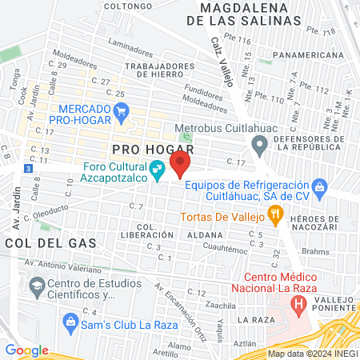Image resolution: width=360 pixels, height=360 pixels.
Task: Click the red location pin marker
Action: [181, 165]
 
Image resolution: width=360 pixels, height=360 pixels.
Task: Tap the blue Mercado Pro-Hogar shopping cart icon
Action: [122, 113]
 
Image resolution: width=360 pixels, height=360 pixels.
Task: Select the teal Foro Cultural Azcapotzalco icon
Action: [158, 169]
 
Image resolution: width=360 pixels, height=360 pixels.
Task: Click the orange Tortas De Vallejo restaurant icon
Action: [276, 213]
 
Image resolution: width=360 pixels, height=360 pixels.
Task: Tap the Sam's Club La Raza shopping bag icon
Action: [71, 322]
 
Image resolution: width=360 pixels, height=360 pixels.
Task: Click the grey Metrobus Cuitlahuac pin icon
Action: [258, 146]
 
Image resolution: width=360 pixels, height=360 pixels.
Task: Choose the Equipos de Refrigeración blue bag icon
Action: [321, 189]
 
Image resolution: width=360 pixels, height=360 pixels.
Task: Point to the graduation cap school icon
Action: [36, 286]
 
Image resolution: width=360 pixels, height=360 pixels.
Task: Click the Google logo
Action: [26, 350]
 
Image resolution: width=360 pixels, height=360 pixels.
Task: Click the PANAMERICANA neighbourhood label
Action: [310, 56]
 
